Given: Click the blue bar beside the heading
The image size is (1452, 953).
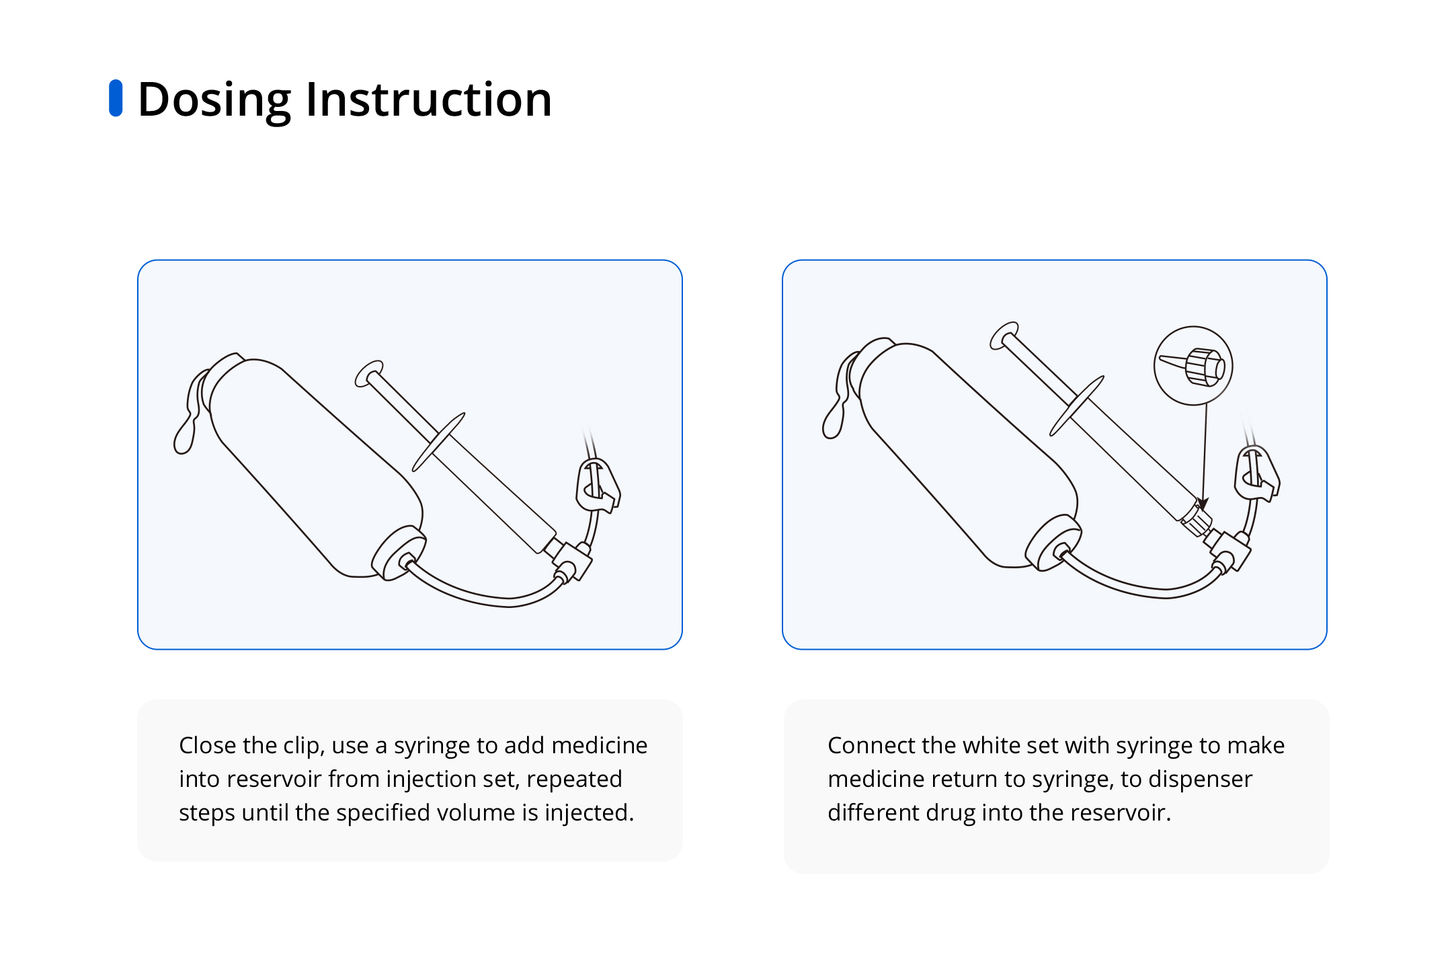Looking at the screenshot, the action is (116, 98).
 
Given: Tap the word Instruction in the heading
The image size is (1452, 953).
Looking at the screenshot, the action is (429, 100).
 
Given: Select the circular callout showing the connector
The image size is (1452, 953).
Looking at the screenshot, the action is (1193, 366).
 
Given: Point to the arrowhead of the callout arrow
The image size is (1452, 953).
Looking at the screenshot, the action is (1203, 504).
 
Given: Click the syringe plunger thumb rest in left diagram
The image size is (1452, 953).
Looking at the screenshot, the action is (369, 374).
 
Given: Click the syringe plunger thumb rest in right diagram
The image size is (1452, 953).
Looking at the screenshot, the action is (1004, 336).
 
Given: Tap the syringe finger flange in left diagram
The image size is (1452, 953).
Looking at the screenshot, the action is (438, 443).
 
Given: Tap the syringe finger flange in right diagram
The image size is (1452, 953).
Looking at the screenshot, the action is (1077, 406).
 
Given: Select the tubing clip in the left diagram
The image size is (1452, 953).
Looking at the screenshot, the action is (598, 486).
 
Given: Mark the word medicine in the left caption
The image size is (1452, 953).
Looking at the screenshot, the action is (600, 745).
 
